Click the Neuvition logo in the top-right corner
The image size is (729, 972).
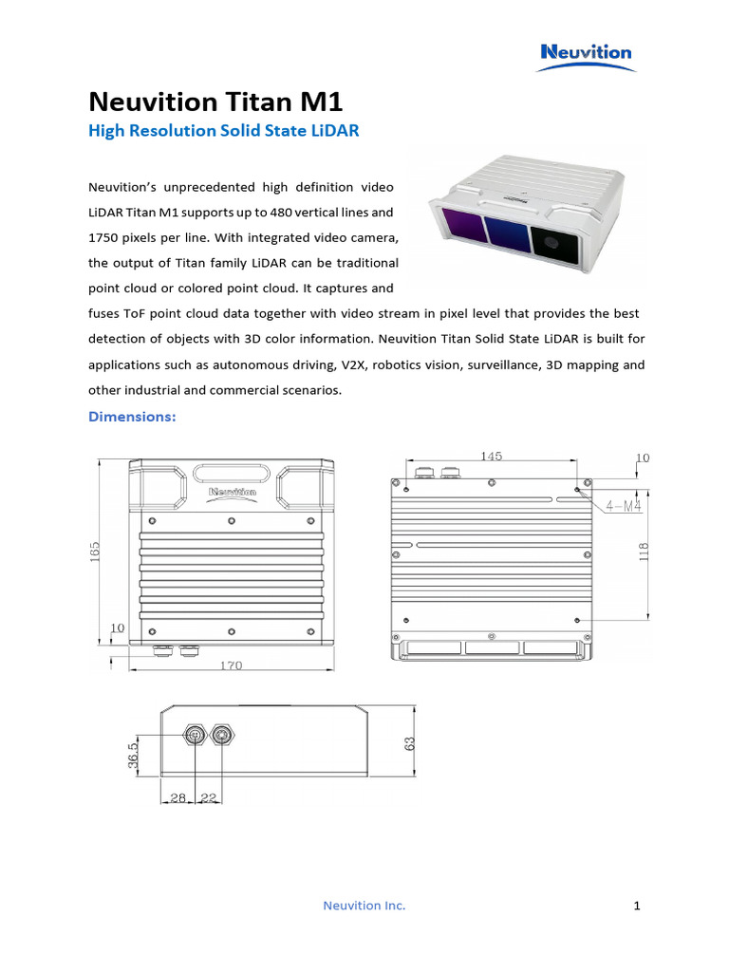pyautogui.click(x=586, y=52)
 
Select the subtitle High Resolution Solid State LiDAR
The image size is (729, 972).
pyautogui.click(x=223, y=131)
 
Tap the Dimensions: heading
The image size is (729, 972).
pyautogui.click(x=132, y=416)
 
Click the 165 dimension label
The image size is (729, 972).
pyautogui.click(x=94, y=551)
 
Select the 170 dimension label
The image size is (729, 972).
pyautogui.click(x=230, y=665)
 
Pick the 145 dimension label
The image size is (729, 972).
pyautogui.click(x=491, y=456)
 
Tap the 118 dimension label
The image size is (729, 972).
pyautogui.click(x=643, y=551)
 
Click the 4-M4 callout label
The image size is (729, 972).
pyautogui.click(x=621, y=506)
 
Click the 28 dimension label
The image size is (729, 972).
pyautogui.click(x=178, y=798)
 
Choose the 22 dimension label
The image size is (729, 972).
pyautogui.click(x=208, y=798)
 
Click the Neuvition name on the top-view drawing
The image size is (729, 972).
pyautogui.click(x=232, y=492)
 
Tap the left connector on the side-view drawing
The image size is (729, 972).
pyautogui.click(x=195, y=735)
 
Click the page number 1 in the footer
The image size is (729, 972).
pyautogui.click(x=637, y=906)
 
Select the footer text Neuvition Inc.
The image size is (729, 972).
pyautogui.click(x=364, y=906)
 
